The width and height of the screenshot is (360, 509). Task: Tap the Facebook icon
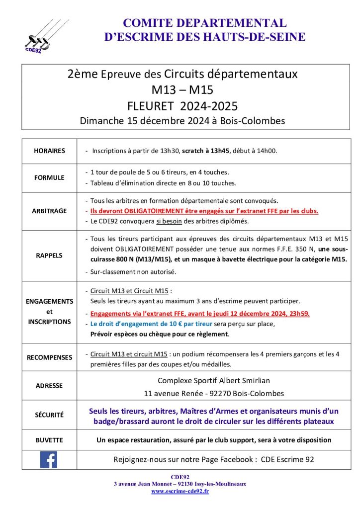pos(48,459)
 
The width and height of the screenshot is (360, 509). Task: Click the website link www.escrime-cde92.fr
pos(180,491)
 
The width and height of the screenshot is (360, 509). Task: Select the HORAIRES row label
pos(49,151)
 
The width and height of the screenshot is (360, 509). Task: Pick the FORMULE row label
pos(49,177)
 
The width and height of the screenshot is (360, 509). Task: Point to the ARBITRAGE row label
pos(49,211)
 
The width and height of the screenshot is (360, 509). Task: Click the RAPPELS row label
pos(49,255)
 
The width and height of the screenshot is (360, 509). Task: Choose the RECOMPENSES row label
pos(49,357)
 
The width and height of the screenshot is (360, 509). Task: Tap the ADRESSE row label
pos(49,385)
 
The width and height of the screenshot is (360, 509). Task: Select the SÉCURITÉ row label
pos(49,415)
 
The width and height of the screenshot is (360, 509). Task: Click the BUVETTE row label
pos(49,440)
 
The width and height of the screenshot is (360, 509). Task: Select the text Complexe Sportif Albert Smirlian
pos(214,381)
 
